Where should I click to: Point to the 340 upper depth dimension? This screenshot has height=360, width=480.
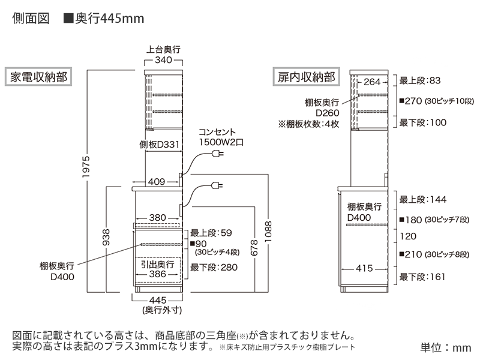click(163, 60)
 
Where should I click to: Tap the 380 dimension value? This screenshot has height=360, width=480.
click(157, 217)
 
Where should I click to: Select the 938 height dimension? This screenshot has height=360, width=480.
click(106, 239)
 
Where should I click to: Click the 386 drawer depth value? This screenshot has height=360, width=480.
click(157, 274)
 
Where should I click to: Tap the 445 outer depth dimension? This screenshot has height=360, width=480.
click(157, 300)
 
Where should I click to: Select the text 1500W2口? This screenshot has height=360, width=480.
click(221, 142)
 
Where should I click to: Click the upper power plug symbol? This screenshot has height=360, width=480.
click(217, 155)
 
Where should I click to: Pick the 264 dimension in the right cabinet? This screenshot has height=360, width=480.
click(373, 82)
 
